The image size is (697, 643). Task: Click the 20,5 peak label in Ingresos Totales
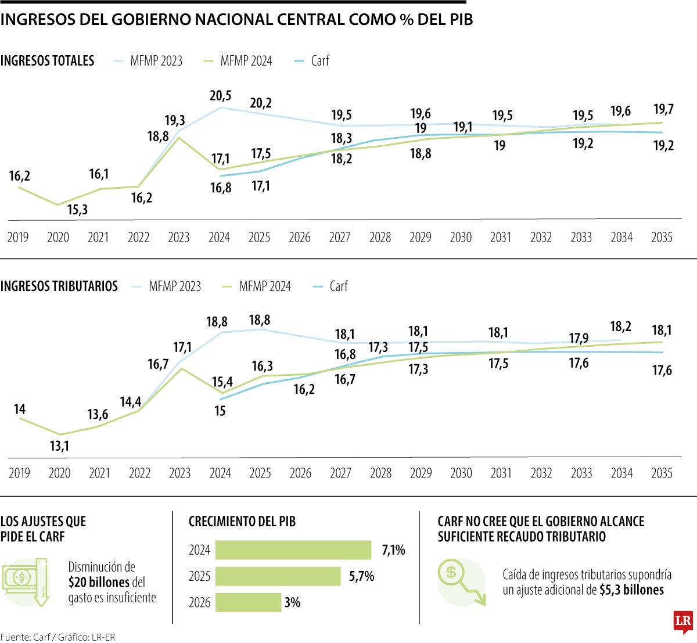[x=221, y=96]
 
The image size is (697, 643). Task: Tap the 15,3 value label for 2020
[x=77, y=210]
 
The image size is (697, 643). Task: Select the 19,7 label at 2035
[x=663, y=109]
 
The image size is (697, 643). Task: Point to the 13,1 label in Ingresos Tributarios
[x=60, y=446]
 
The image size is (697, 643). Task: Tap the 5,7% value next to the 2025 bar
[x=361, y=576]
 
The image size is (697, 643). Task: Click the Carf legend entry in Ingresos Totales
[x=319, y=60]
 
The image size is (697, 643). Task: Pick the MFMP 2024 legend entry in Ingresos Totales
[x=246, y=60]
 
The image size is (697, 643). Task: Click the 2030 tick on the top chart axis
[x=461, y=238]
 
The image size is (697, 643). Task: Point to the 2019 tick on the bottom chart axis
[x=19, y=473]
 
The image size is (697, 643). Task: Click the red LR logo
[x=683, y=622]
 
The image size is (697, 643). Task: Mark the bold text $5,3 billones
[x=631, y=590]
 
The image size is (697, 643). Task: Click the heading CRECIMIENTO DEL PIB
[x=242, y=522]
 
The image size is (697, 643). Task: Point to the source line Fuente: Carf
[x=58, y=637]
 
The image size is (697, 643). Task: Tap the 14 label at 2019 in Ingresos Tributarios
[x=20, y=409]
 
